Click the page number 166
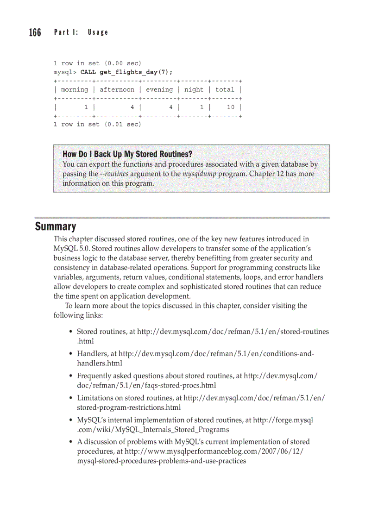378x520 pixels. point(35,32)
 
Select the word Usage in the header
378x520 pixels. point(97,32)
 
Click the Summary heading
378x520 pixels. point(56,226)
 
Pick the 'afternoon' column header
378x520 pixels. point(117,90)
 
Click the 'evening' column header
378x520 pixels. point(159,90)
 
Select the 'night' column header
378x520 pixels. point(194,90)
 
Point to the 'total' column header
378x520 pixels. point(225,90)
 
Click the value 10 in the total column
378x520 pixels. point(230,107)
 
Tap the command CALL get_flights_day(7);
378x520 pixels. point(126,72)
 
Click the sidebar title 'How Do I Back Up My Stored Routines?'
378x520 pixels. point(127,154)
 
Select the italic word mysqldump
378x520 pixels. point(200,174)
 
